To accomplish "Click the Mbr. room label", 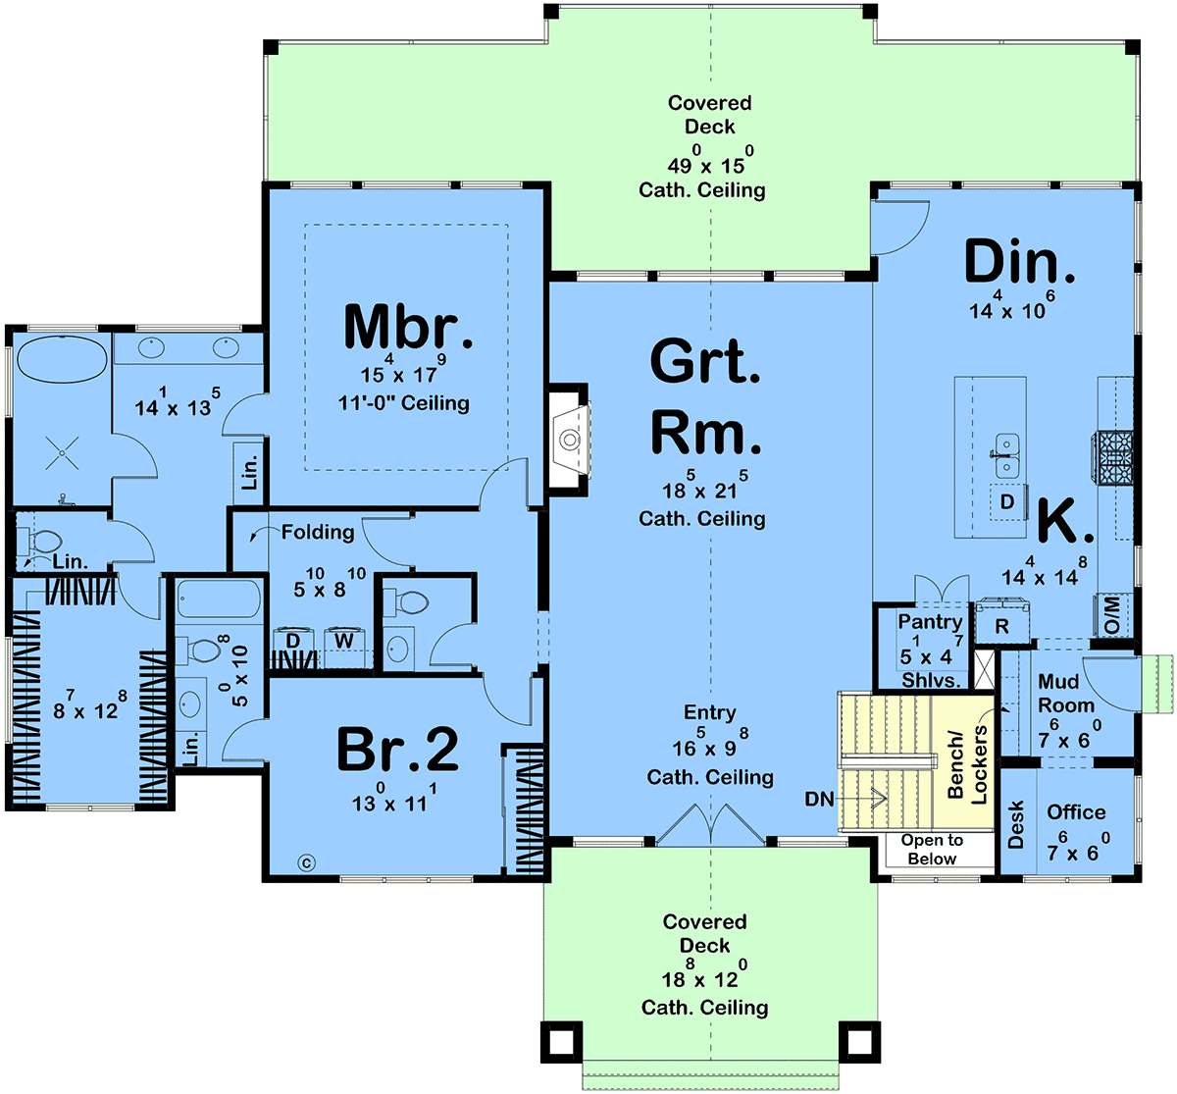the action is tap(408, 327).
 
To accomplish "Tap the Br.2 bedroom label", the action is tap(397, 749).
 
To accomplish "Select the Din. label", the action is tap(1019, 261).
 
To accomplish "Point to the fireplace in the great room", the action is tap(569, 440).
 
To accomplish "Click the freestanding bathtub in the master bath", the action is tap(62, 359).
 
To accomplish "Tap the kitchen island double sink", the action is tap(1007, 455).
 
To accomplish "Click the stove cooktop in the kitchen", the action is tap(1113, 457).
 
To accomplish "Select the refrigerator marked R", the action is tap(1002, 621).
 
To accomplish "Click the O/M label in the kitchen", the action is tap(1112, 615).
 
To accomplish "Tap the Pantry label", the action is tap(930, 621).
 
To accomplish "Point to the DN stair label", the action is tap(819, 799).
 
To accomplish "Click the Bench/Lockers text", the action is tap(967, 765).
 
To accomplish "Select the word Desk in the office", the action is tap(1015, 824).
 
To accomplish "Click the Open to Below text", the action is tap(932, 849).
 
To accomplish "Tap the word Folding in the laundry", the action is tap(318, 532).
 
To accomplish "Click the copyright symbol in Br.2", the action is tap(306, 862).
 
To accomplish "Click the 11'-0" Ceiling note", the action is tap(403, 403).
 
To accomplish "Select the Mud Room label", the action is tap(1066, 693).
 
